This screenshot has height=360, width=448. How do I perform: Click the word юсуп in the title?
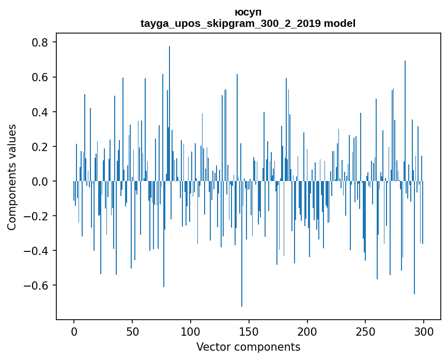click(x=248, y=12)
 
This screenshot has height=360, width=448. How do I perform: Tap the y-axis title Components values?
click(x=12, y=177)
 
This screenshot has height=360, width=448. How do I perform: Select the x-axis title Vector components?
click(x=248, y=347)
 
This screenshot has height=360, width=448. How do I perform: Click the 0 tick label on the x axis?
click(x=74, y=331)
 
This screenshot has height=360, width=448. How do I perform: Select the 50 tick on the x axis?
click(x=132, y=331)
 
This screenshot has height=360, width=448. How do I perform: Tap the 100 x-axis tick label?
click(x=191, y=331)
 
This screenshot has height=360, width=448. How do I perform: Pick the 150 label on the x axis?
click(x=249, y=331)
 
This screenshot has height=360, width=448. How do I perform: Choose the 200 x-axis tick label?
click(x=307, y=331)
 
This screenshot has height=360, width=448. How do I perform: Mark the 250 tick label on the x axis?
click(x=366, y=331)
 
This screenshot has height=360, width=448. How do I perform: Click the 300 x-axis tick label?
click(x=424, y=331)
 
